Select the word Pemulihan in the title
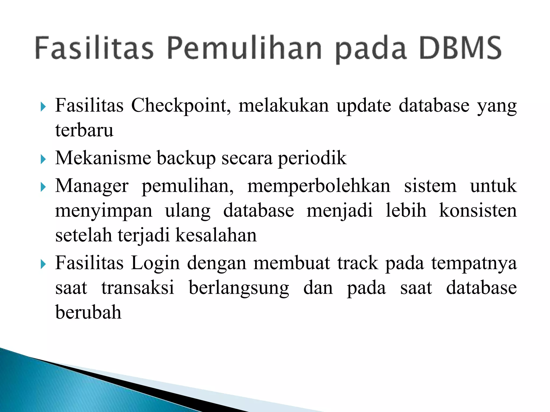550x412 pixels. click(x=244, y=48)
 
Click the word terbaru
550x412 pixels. click(x=84, y=130)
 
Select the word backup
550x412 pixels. click(x=186, y=158)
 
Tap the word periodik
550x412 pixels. click(x=312, y=158)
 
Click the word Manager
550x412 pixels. click(x=92, y=186)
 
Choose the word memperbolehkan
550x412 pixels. click(x=319, y=186)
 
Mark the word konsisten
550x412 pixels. click(x=478, y=210)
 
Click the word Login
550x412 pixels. click(x=155, y=263)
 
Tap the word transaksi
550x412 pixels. click(x=138, y=288)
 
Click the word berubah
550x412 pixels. click(x=88, y=312)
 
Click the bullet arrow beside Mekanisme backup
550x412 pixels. click(x=43, y=159)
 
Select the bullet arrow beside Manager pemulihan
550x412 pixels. click(x=43, y=187)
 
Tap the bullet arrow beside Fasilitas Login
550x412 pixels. click(x=43, y=264)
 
